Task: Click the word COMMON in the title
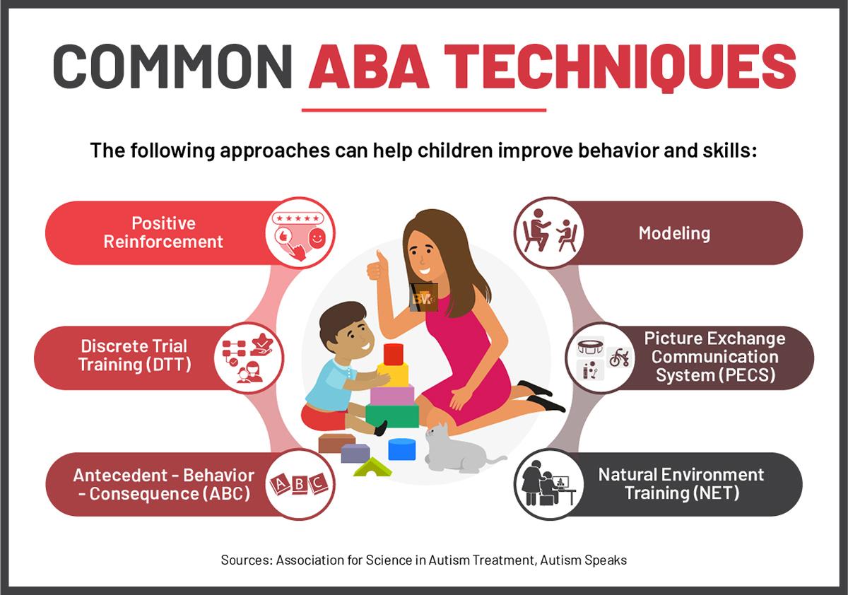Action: point(172,66)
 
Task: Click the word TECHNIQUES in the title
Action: point(620,67)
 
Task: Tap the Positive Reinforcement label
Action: point(163,232)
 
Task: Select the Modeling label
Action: point(674,233)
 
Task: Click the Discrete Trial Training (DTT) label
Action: point(134,355)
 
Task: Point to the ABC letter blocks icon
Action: point(298,484)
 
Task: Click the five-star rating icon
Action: point(298,218)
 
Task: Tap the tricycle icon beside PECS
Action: point(619,358)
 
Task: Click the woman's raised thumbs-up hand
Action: point(376,266)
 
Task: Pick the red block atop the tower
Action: point(394,354)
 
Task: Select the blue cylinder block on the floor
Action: point(401,449)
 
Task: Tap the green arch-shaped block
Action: point(372,467)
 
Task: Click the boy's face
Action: point(357,334)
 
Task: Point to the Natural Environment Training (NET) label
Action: point(681,484)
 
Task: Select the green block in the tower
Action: point(392,416)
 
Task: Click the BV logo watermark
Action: point(423,299)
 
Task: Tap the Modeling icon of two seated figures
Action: point(548,232)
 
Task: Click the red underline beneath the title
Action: point(424,110)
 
